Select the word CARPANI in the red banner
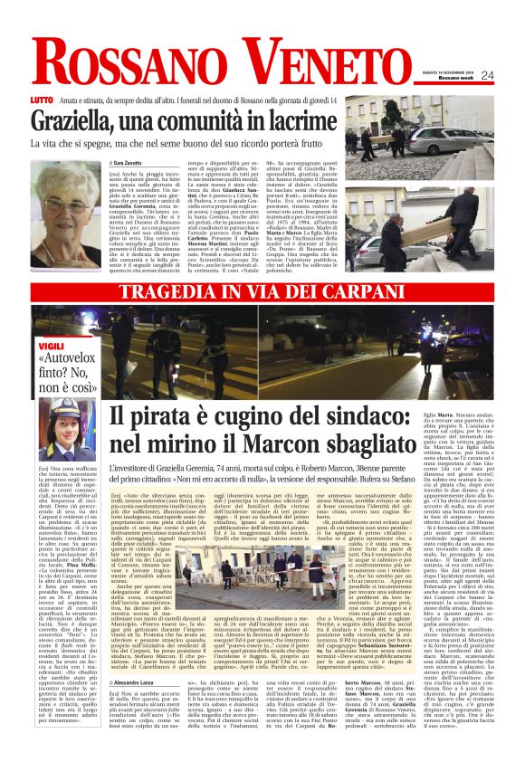click(x=383, y=293)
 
